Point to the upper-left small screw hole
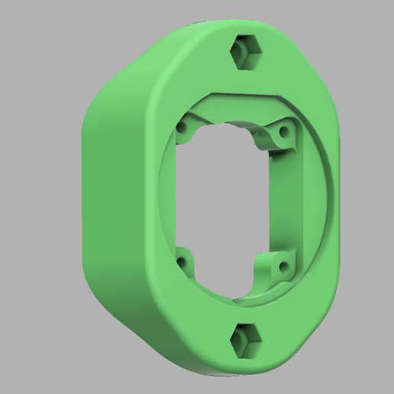point(182,129)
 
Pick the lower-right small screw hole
point(283,266)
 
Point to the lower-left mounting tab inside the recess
point(184,263)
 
